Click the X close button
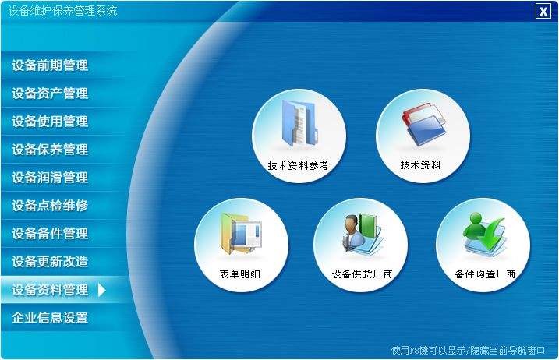tap(543, 11)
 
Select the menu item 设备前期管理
tap(50, 65)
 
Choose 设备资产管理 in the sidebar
tap(50, 94)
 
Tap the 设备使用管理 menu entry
tap(50, 122)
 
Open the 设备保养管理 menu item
tap(50, 150)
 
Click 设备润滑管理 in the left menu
tap(50, 178)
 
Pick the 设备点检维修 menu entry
tap(50, 206)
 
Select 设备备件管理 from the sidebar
tap(50, 234)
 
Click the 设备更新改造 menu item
tap(50, 262)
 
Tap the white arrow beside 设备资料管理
tap(101, 290)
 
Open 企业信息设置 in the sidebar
tap(50, 318)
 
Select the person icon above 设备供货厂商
tap(359, 235)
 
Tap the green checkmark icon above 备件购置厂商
tap(483, 235)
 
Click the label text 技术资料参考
tap(298, 166)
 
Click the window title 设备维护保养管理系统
tap(63, 11)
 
